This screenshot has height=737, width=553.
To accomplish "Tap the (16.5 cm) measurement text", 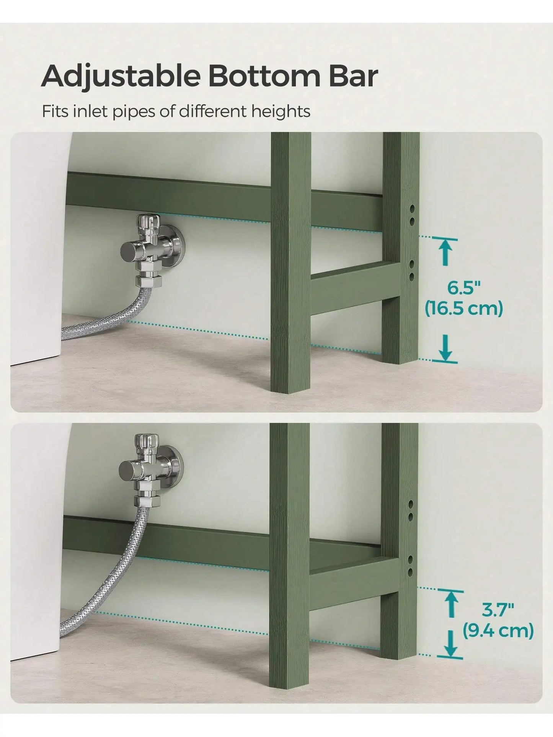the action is click(x=464, y=308).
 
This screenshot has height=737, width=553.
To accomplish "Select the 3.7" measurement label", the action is click(x=498, y=610).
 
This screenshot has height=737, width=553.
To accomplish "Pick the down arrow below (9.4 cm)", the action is click(x=452, y=644).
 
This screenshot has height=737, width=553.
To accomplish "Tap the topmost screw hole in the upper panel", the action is click(x=412, y=209).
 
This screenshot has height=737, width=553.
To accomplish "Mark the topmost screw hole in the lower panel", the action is click(x=411, y=504).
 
